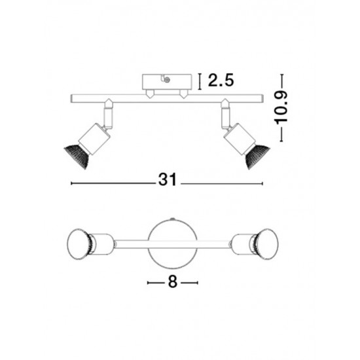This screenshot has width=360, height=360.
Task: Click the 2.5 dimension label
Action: coord(221,80)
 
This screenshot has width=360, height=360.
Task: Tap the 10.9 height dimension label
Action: coord(281,108)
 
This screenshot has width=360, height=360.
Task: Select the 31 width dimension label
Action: coord(168,179)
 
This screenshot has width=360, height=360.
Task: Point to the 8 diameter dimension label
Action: coord(173,281)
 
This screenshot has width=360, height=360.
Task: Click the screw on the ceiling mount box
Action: coord(168,80)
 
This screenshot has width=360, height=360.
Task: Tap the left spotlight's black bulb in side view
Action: coord(77,156)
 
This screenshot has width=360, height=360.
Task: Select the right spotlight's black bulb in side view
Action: coord(258,157)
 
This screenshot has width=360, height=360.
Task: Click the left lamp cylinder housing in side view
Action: coord(94,139)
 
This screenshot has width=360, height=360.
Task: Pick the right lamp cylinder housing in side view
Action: coord(240,139)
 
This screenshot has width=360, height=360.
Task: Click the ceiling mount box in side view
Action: coord(167,82)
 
